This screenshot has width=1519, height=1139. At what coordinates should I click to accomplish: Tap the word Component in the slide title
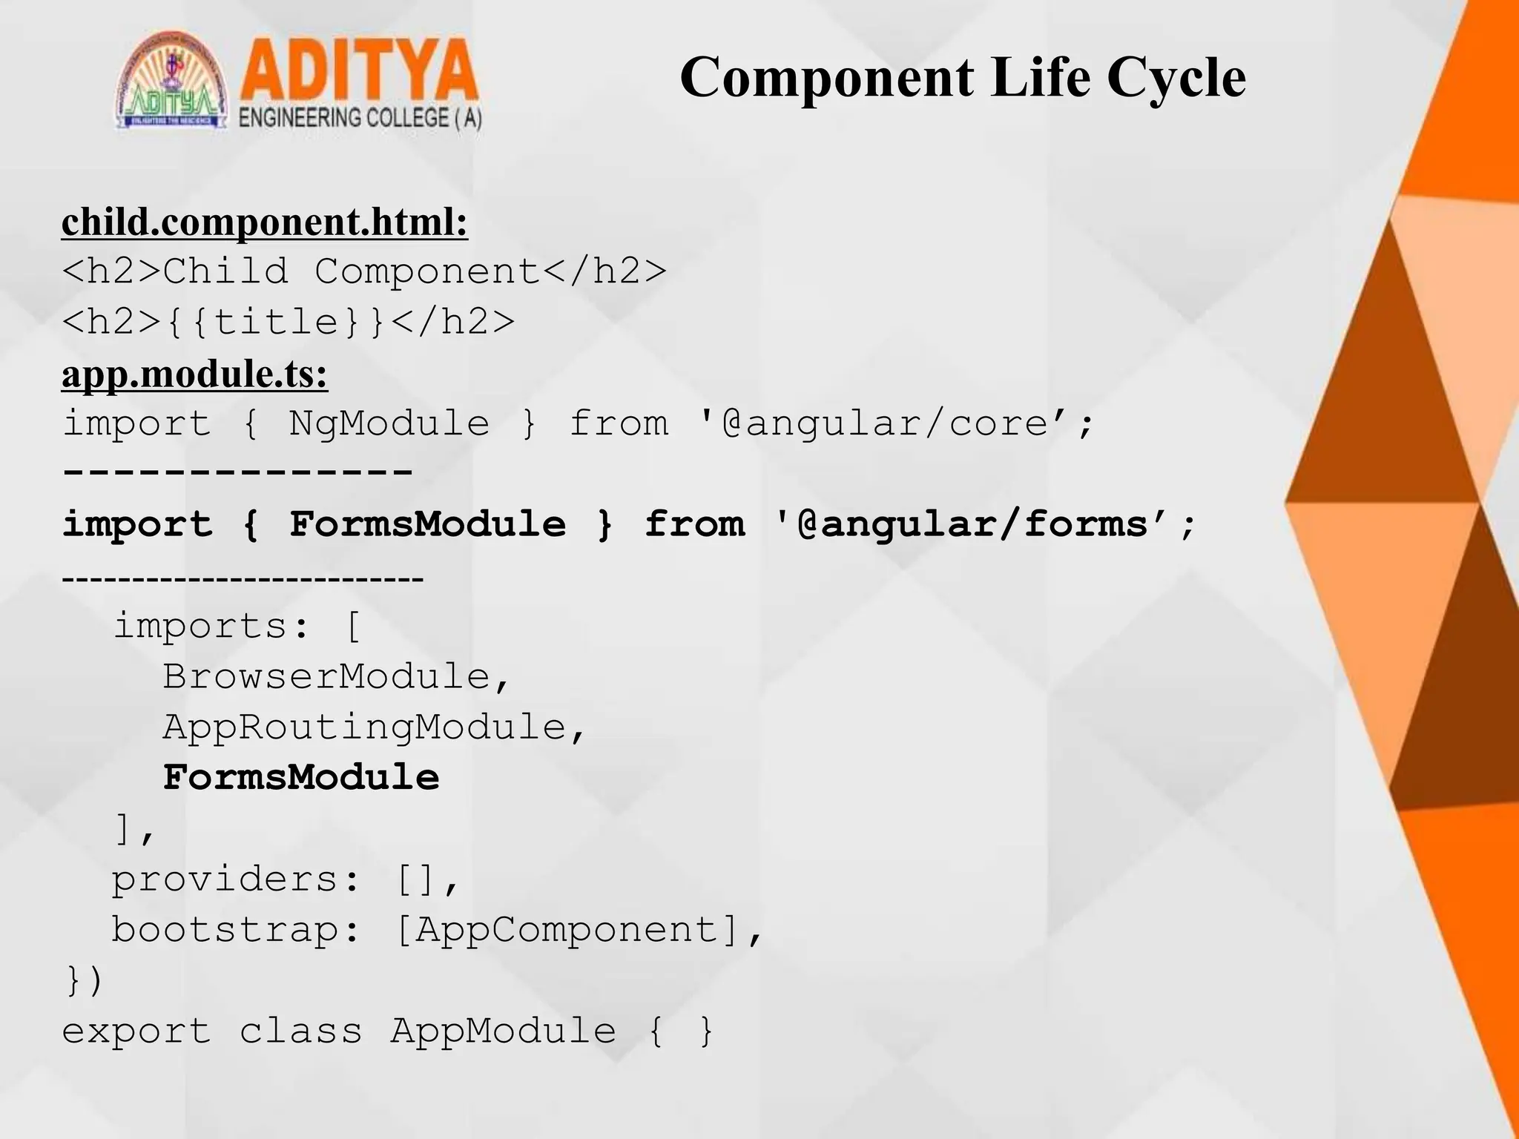tap(827, 78)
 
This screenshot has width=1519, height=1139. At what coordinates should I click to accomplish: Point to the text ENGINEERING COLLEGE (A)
tap(360, 119)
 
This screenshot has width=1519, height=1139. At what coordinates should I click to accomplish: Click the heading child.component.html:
tap(265, 222)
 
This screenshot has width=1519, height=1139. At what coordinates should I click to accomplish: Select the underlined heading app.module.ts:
tap(194, 374)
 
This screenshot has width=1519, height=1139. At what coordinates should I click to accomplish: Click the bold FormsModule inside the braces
tap(427, 525)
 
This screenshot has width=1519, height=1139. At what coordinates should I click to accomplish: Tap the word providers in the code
tap(225, 879)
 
